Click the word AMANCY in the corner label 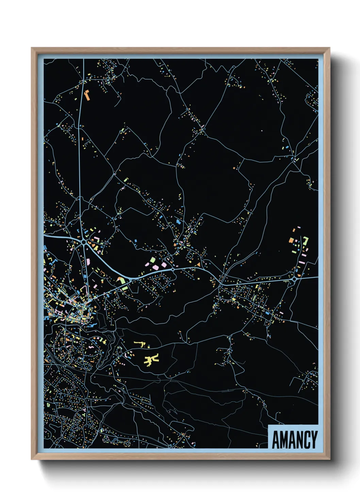coord(295,440)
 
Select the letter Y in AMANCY coord(314,440)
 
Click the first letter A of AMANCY coord(276,440)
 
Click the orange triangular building coord(198,264)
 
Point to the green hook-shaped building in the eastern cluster coord(306,240)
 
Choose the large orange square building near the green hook coord(291,240)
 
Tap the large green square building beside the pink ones coord(153,261)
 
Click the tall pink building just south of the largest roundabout coord(88,262)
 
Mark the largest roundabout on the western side coord(84,242)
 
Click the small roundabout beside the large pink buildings coord(173,270)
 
